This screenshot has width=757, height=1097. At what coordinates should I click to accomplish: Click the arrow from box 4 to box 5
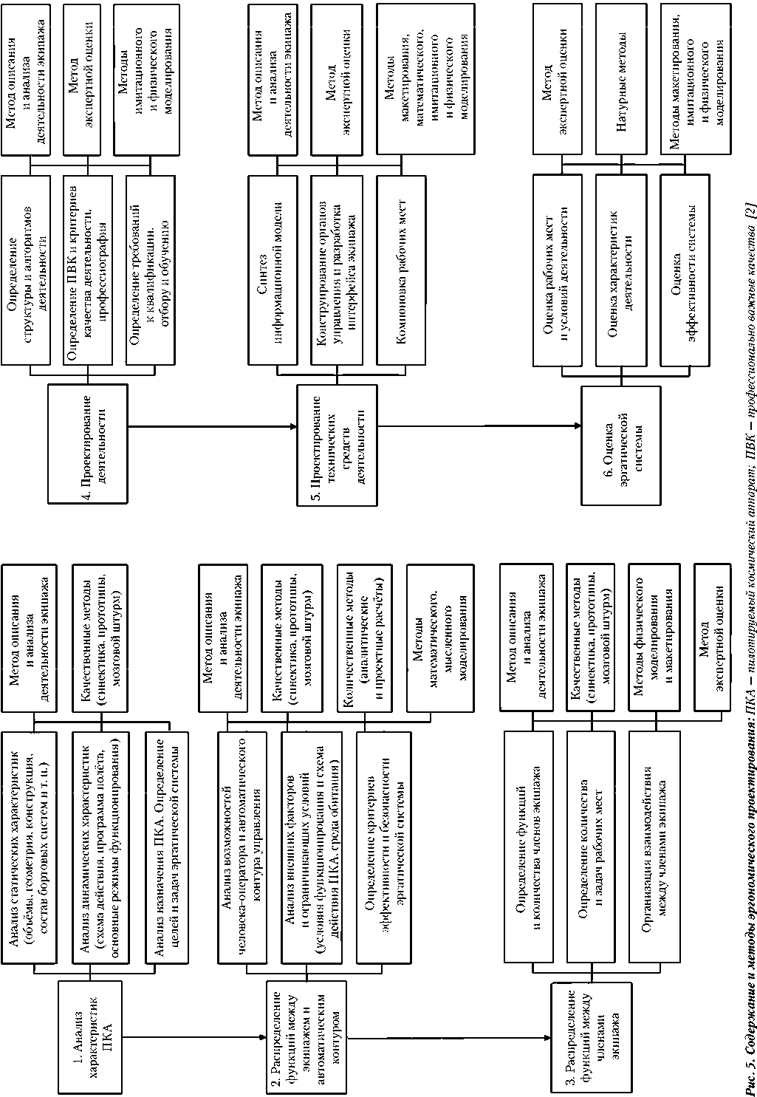pos(214,425)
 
